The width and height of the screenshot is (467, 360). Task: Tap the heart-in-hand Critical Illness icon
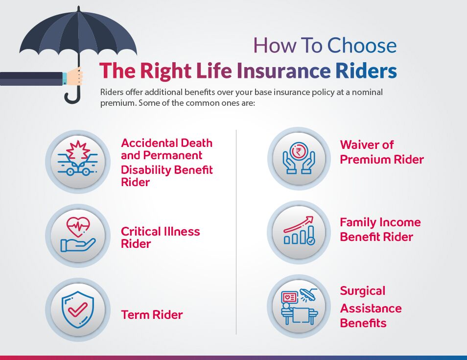click(77, 235)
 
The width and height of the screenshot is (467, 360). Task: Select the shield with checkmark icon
click(77, 310)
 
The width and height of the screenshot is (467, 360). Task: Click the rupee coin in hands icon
click(299, 158)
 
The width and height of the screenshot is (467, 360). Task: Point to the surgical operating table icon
click(299, 306)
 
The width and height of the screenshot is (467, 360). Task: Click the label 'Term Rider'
click(152, 314)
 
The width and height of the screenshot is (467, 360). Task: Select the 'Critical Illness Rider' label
click(160, 238)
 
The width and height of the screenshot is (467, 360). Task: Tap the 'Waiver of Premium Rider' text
click(382, 152)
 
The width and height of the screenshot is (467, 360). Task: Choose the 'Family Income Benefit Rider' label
click(380, 229)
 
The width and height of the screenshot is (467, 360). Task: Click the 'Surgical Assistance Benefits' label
click(371, 307)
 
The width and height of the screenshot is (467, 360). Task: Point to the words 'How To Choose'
click(325, 46)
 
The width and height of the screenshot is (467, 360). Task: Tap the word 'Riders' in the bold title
click(366, 71)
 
